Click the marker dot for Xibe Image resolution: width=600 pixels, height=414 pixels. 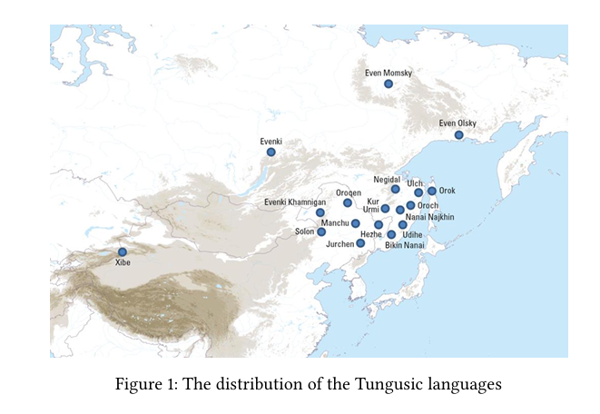click(123, 251)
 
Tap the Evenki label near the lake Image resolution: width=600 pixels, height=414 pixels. click(270, 141)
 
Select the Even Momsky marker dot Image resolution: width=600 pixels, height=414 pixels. click(389, 84)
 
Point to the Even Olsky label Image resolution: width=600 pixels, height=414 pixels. click(457, 123)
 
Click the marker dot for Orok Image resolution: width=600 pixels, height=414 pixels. click(432, 191)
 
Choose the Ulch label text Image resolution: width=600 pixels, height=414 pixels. click(414, 182)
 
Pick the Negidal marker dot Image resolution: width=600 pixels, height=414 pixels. click(396, 189)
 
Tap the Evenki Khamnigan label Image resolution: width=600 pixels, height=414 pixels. click(294, 202)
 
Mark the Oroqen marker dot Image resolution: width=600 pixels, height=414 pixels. click(348, 202)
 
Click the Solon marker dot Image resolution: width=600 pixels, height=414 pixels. click(321, 232)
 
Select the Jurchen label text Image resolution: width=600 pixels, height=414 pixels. click(339, 244)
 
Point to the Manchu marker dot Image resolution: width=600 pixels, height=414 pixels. click(356, 223)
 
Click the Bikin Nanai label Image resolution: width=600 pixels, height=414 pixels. click(405, 245)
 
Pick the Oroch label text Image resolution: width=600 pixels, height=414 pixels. click(428, 205)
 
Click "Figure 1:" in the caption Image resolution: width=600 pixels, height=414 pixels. click(146, 384)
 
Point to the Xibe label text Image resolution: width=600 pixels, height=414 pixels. click(123, 262)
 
